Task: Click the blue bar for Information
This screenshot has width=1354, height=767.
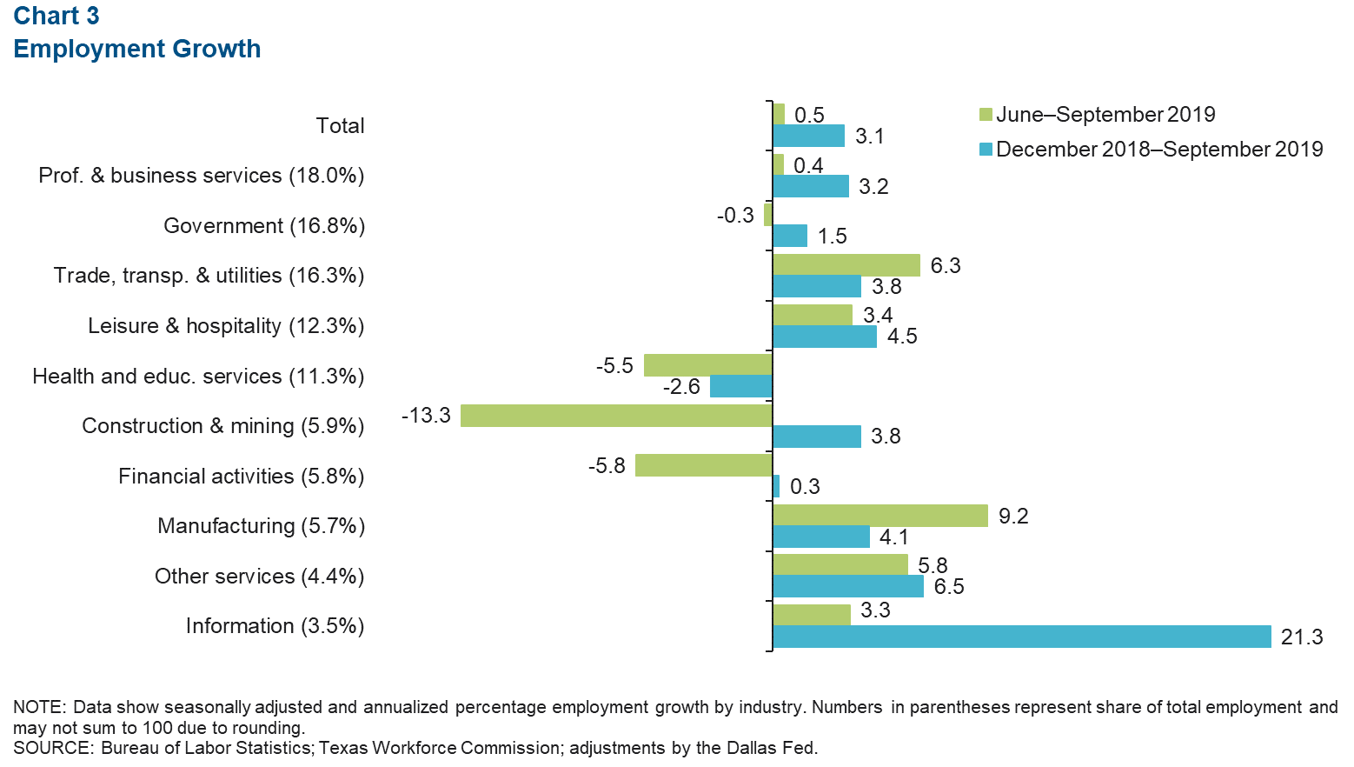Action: [1021, 637]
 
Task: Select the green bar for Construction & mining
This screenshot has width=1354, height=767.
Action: [616, 416]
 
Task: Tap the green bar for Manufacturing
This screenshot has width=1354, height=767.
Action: [879, 516]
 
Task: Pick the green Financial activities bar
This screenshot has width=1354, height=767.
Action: [703, 465]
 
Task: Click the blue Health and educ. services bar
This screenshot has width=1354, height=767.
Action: [740, 386]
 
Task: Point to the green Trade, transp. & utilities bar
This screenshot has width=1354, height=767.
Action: [846, 265]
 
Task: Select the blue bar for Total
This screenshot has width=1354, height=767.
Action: [808, 136]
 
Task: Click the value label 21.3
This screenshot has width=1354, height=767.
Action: [1302, 637]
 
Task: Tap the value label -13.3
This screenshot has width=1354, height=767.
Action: [426, 416]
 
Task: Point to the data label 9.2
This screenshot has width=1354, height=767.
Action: [1013, 517]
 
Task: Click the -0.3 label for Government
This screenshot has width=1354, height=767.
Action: [735, 215]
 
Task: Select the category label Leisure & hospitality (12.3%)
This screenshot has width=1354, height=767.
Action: [226, 326]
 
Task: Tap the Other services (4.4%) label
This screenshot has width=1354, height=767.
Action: [259, 577]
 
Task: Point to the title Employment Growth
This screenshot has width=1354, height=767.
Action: [137, 49]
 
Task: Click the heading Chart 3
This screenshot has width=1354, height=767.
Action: [56, 16]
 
